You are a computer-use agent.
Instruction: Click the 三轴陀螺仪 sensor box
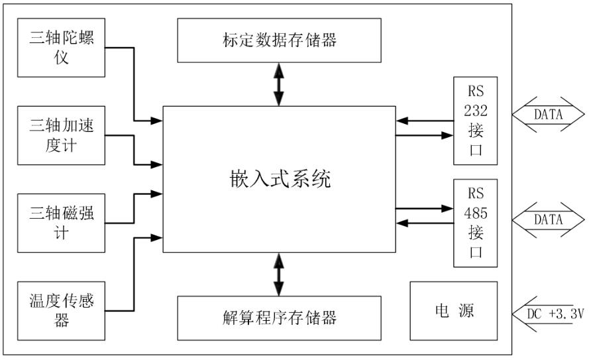(x=61, y=47)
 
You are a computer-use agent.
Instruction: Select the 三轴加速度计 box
(x=61, y=135)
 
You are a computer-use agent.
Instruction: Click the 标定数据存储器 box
(x=279, y=40)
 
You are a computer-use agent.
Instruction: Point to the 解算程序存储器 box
(x=279, y=318)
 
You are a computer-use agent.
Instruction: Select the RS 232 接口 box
(x=475, y=121)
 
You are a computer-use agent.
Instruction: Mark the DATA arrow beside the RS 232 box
(x=547, y=115)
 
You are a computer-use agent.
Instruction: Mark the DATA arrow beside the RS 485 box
(x=547, y=220)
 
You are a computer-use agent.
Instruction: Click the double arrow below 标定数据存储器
(x=279, y=84)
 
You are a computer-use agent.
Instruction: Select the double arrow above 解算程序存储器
(x=279, y=274)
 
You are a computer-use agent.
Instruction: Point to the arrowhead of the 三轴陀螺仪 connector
(x=157, y=121)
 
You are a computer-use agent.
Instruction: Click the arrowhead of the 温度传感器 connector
(x=157, y=236)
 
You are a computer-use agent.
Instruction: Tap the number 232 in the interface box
(x=475, y=111)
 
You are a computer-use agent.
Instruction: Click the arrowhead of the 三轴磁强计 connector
(x=157, y=194)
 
